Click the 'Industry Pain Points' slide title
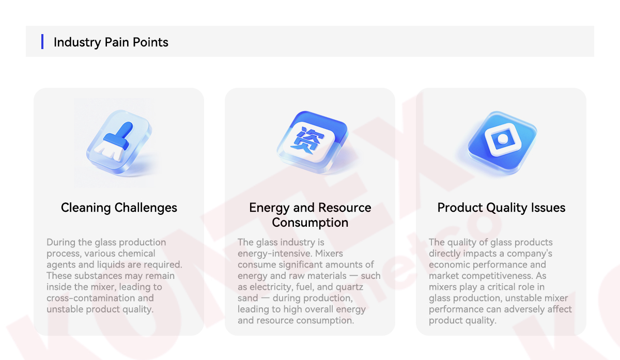point(111,42)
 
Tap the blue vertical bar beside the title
point(42,41)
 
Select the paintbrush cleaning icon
point(119,142)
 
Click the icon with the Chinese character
point(313,142)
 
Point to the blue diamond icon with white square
point(502,142)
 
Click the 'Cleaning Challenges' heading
point(119,208)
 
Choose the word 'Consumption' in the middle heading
point(310,223)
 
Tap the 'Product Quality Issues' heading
point(501,208)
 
